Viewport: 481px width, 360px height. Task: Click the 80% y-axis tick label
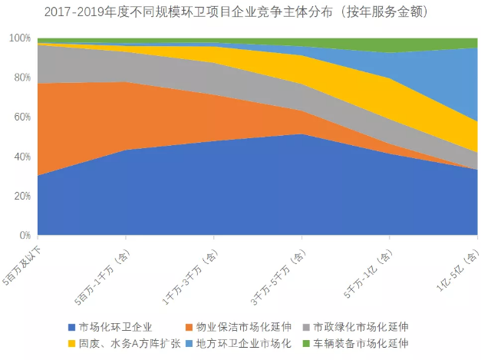21,78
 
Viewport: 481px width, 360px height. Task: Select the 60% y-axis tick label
21,117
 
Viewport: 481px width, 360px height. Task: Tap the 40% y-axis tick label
21,157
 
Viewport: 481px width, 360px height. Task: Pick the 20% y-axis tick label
21,196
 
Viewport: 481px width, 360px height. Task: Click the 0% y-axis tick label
24,235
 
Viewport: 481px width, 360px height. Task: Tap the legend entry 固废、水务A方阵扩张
127,343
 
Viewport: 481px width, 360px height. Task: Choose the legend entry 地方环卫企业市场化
244,343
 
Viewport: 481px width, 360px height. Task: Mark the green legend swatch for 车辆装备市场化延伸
308,343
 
